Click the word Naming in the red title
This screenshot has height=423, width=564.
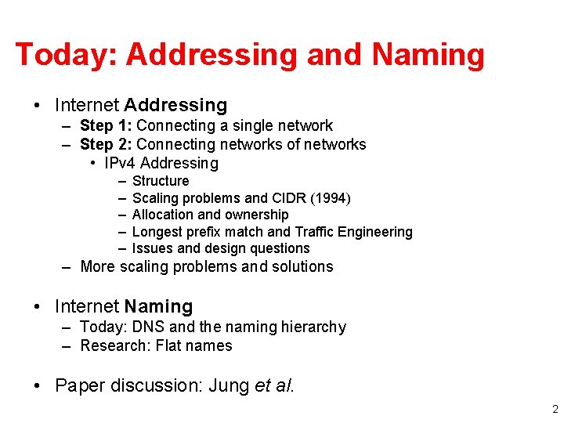pos(428,55)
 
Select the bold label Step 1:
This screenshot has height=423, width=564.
pos(108,125)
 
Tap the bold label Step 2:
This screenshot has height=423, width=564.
pos(108,144)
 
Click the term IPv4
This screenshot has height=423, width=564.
pos(120,163)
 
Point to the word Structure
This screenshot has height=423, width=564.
pos(161,181)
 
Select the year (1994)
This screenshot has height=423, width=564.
pos(333,197)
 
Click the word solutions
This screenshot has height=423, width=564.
pos(304,266)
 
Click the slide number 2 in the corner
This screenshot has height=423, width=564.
pos(555,409)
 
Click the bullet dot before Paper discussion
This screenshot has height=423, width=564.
pos(38,385)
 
